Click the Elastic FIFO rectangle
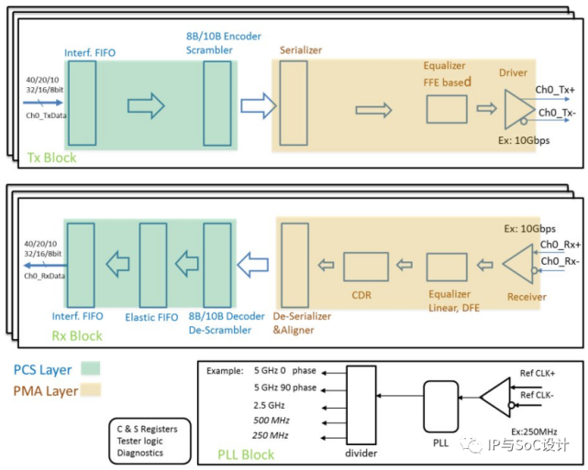(151, 265)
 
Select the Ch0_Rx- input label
(558, 261)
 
